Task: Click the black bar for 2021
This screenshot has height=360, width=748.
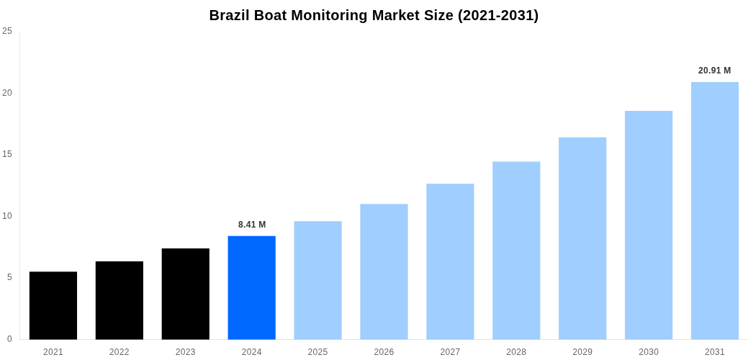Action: pos(53,305)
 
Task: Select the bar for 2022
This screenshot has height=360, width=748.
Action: pos(120,300)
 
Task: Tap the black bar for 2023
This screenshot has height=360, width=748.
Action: pos(186,294)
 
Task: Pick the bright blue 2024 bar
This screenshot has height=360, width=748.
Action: pos(252,287)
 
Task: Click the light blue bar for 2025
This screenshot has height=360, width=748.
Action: pos(317,280)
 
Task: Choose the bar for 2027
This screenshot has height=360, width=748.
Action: pos(450,261)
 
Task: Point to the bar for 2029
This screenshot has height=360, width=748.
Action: pos(582,238)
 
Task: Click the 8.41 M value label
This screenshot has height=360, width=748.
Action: pos(252,225)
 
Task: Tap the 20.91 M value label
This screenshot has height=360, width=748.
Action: pos(714,71)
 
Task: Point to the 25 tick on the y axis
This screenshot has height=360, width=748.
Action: pos(7,31)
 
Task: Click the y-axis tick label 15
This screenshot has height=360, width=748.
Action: pos(7,154)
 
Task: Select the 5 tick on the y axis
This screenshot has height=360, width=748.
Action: pos(9,277)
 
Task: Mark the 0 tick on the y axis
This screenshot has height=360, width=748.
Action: pos(9,339)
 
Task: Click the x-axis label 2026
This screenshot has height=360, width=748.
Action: pos(384,352)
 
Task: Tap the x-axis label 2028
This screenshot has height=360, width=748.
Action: pos(516,352)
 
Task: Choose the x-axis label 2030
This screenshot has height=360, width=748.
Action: pos(649,352)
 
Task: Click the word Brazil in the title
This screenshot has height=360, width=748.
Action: pos(229,15)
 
